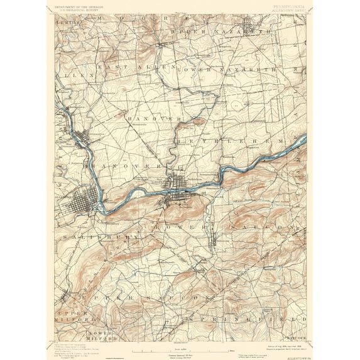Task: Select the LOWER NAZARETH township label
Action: [x=226, y=68]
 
